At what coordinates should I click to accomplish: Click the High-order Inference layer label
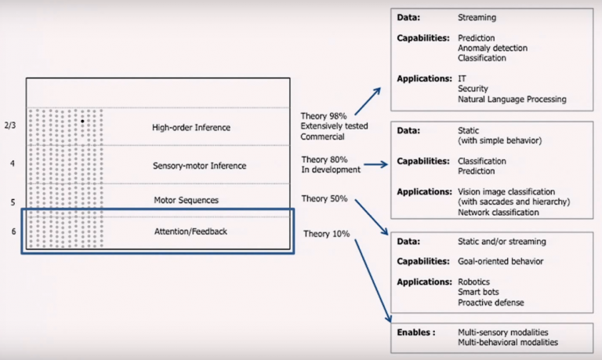pos(191,127)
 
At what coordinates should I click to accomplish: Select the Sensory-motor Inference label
pos(199,165)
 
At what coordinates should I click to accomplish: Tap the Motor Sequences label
pos(186,200)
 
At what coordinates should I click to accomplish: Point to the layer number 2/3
pos(9,125)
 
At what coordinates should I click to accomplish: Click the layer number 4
pos(12,164)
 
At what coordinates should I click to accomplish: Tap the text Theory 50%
pos(324,199)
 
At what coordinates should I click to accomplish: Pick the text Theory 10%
pos(325,234)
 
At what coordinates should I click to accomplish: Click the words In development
pos(331,169)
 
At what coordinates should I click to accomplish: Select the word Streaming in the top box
pos(477,16)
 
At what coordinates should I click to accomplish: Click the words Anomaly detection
pos(492,48)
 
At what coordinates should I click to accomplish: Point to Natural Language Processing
pos(512,100)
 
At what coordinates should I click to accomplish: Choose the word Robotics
pos(475,281)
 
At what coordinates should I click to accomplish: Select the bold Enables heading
pos(414,333)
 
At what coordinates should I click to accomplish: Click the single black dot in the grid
pos(82,122)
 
